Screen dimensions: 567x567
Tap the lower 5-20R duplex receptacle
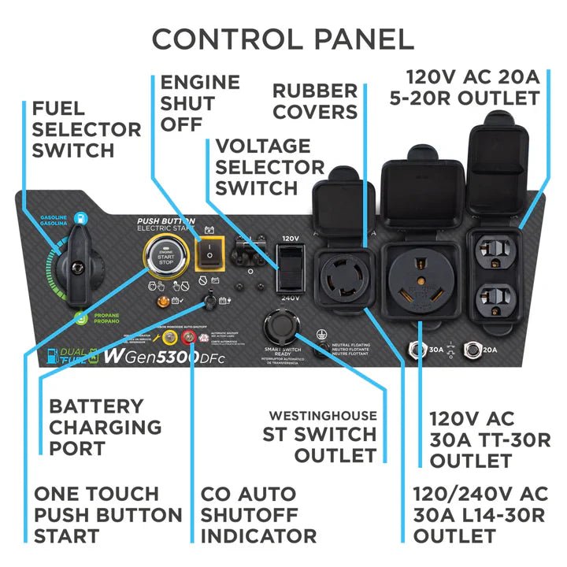(x=494, y=300)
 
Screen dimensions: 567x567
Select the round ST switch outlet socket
(x=281, y=324)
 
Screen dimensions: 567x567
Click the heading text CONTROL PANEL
(x=283, y=39)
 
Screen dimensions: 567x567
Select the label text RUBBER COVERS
(x=315, y=101)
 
